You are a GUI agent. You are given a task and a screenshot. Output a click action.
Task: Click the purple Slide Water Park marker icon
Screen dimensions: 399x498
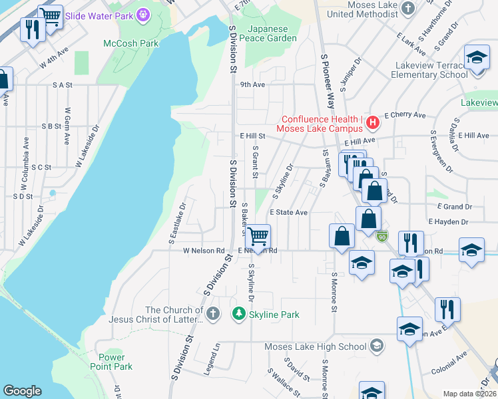(x=143, y=13)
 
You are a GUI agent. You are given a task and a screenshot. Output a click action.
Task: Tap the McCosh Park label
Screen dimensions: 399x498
(x=130, y=43)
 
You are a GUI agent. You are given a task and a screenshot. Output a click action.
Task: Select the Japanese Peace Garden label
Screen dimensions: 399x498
(x=272, y=33)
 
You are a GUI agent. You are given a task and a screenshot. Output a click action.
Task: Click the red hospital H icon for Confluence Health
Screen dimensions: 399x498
(x=373, y=122)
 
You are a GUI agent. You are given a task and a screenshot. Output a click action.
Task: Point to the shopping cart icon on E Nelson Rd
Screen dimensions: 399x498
(x=258, y=236)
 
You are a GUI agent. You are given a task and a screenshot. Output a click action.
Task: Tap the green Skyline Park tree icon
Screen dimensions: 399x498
(x=238, y=314)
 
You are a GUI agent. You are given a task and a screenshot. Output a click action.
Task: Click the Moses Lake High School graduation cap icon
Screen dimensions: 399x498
(x=377, y=346)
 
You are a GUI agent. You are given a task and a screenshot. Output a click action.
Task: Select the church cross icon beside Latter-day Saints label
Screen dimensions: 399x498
(x=212, y=314)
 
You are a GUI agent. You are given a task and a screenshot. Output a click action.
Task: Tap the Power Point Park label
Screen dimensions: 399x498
(x=111, y=362)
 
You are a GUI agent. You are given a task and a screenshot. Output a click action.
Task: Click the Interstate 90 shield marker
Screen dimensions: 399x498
(x=381, y=236)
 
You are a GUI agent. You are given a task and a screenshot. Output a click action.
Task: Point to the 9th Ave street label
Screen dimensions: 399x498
(x=252, y=84)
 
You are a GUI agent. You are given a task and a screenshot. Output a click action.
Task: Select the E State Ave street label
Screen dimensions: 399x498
(x=288, y=212)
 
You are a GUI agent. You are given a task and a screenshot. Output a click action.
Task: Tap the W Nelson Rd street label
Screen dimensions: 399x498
(x=204, y=251)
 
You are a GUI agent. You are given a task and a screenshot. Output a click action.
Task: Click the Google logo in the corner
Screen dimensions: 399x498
(x=22, y=391)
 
